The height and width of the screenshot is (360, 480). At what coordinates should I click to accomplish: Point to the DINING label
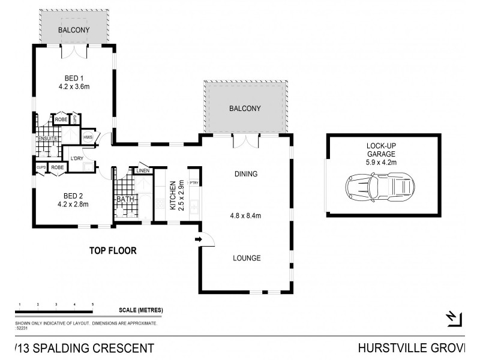246,175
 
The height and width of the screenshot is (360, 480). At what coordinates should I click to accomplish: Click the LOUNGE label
247,259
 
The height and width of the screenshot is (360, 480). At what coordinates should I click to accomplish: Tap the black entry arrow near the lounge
198,241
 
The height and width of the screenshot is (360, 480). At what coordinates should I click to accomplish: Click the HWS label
88,137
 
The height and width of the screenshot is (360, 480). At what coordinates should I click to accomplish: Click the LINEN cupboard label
142,171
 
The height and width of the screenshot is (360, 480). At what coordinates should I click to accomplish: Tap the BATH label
125,199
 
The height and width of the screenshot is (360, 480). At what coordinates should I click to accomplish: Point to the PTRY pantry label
194,183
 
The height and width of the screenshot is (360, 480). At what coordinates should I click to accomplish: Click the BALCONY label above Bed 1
74,30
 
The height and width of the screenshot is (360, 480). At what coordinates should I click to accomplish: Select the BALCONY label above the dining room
245,109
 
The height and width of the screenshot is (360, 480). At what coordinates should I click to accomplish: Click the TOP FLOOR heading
113,251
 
